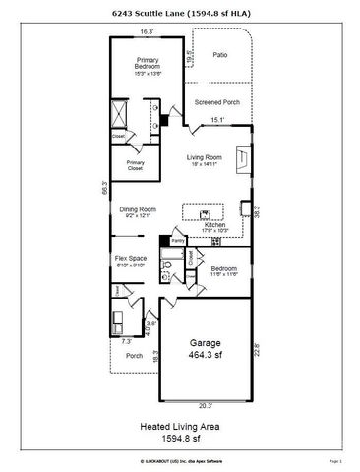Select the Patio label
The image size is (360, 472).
219,55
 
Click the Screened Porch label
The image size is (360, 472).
216,102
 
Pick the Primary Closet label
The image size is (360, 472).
135,167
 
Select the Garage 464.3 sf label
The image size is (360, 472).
205,348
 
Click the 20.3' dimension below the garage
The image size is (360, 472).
204,405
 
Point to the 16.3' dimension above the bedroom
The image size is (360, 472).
147,32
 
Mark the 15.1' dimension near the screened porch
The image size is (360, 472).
218,121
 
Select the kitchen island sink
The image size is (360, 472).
205,212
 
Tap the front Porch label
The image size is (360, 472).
134,355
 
